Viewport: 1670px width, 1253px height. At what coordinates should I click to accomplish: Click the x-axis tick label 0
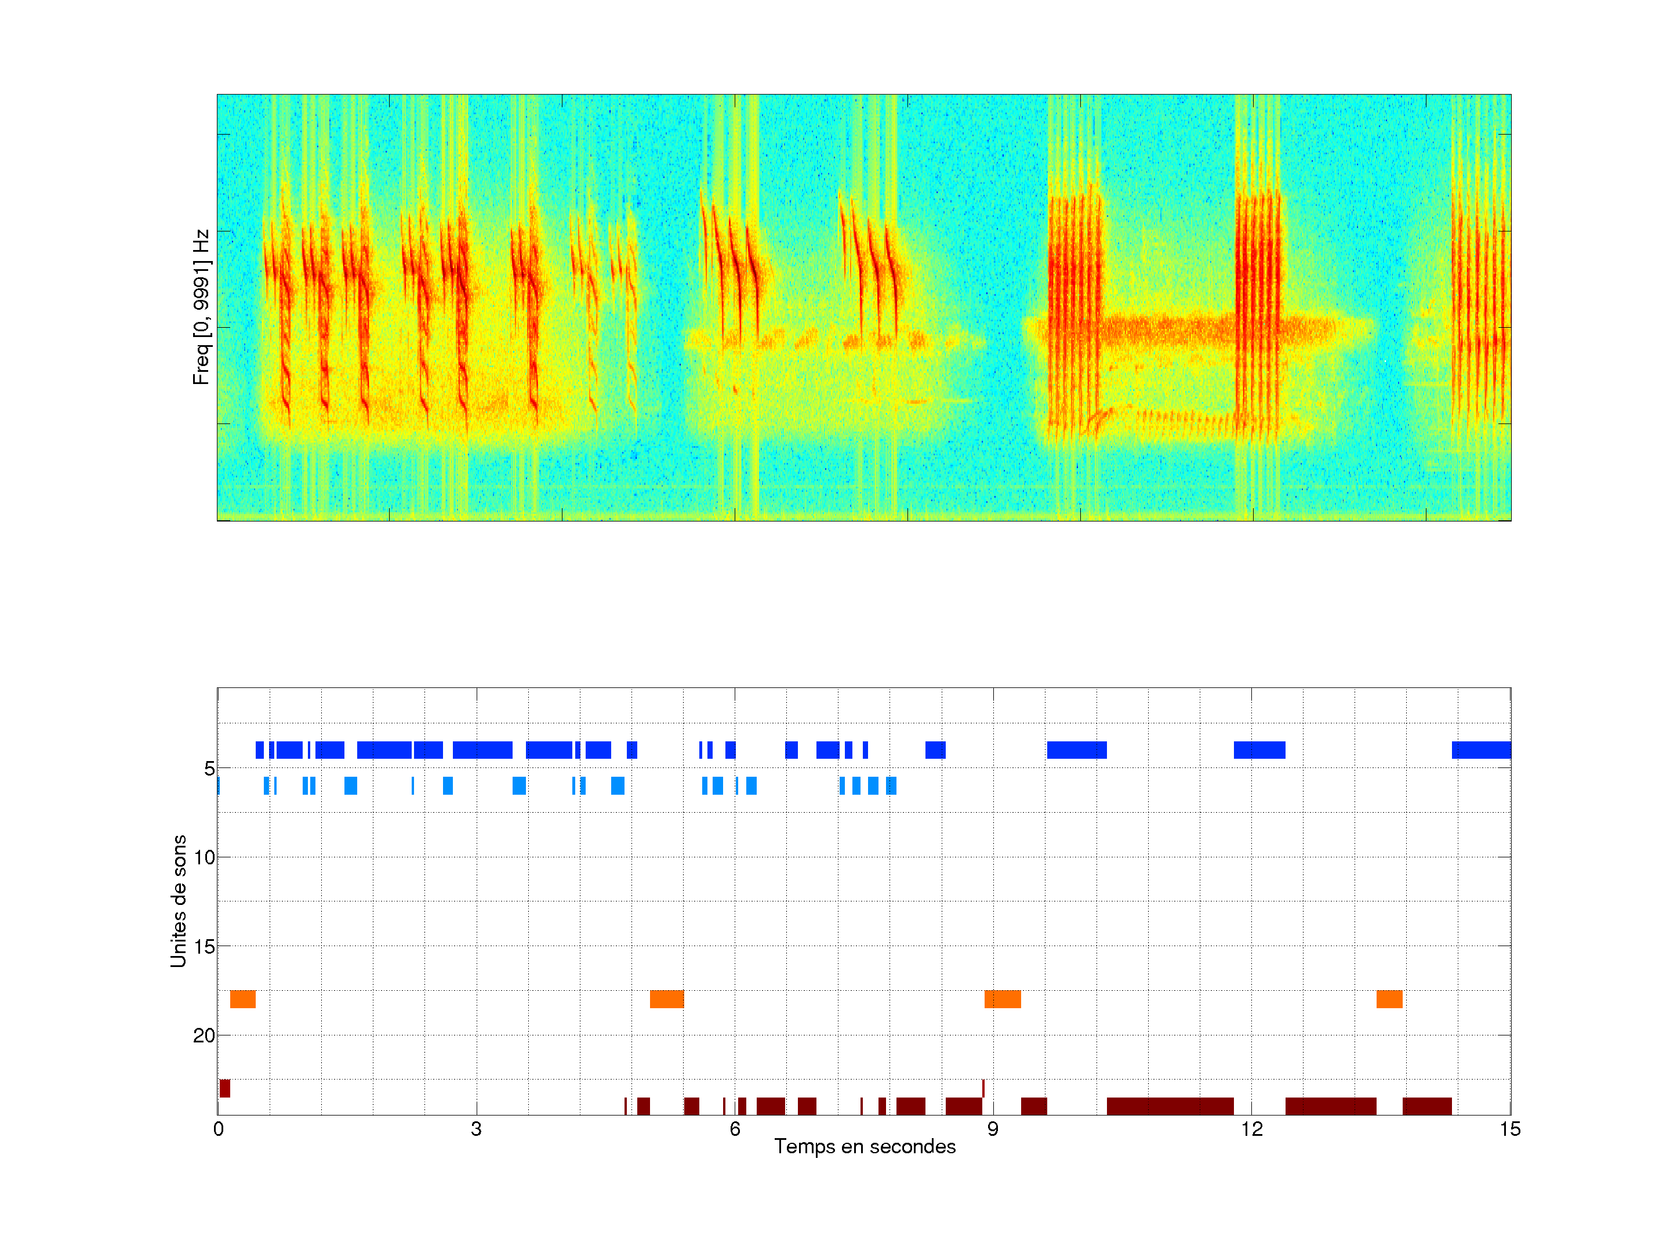pyautogui.click(x=218, y=1129)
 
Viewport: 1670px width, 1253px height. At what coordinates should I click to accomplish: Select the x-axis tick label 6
pyautogui.click(x=735, y=1129)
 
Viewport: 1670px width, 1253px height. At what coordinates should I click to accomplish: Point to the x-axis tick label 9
pyautogui.click(x=993, y=1129)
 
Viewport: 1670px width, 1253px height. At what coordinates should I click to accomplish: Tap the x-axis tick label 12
pyautogui.click(x=1251, y=1129)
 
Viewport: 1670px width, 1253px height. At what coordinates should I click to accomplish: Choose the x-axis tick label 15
pyautogui.click(x=1509, y=1129)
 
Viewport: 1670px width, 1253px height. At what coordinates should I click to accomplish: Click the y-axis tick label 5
pyautogui.click(x=209, y=769)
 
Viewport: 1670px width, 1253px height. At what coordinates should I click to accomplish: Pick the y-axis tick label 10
pyautogui.click(x=205, y=857)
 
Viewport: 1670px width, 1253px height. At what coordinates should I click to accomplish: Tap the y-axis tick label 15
pyautogui.click(x=205, y=946)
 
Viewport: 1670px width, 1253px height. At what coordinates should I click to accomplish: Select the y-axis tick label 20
pyautogui.click(x=205, y=1035)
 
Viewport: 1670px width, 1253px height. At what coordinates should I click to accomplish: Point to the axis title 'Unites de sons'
pyautogui.click(x=179, y=901)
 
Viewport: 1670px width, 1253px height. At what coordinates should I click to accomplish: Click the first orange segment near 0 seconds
pyautogui.click(x=242, y=999)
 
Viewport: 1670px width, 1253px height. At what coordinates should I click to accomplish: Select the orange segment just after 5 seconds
pyautogui.click(x=667, y=999)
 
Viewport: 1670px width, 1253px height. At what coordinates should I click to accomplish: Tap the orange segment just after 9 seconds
pyautogui.click(x=1003, y=999)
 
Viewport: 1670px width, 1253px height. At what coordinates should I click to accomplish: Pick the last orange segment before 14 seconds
pyautogui.click(x=1389, y=999)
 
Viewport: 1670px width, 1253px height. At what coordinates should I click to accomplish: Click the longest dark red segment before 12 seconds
pyautogui.click(x=1170, y=1106)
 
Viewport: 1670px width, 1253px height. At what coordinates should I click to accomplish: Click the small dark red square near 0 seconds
pyautogui.click(x=225, y=1088)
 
